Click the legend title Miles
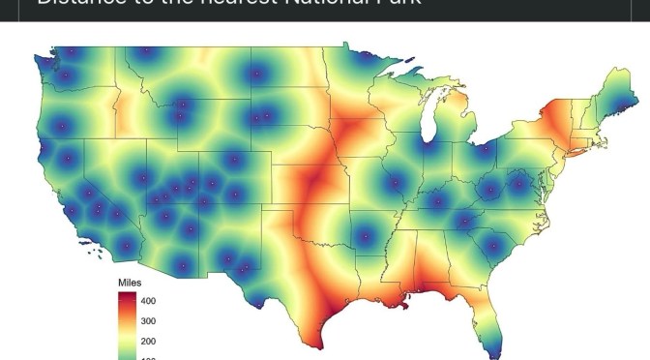pyautogui.click(x=131, y=282)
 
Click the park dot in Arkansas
pyautogui.click(x=365, y=236)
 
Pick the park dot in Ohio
pyautogui.click(x=481, y=149)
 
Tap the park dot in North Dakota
pyautogui.click(x=256, y=73)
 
